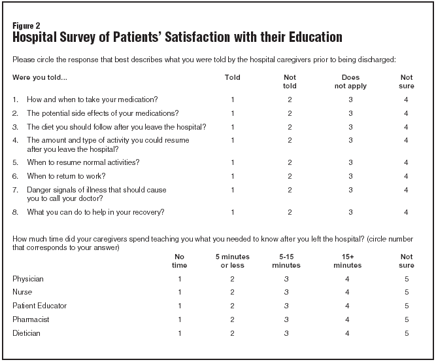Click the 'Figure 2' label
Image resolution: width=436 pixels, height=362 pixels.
tap(26, 26)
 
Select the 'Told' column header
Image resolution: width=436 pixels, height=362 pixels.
tap(233, 77)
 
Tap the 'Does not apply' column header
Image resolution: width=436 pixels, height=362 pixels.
tap(350, 82)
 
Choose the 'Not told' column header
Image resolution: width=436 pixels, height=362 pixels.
tap(290, 82)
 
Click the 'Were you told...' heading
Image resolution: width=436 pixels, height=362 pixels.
tap(40, 77)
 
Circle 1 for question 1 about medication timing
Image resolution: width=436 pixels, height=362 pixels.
tap(233, 100)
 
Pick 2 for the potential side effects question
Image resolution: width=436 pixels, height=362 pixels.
tap(290, 114)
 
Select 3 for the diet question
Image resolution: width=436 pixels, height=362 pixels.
tap(350, 127)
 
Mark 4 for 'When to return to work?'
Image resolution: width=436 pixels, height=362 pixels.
tap(406, 176)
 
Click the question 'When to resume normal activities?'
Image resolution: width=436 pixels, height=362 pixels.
tap(83, 162)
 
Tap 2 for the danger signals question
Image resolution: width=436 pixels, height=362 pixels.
tap(290, 190)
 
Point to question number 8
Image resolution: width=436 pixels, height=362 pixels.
tap(15, 212)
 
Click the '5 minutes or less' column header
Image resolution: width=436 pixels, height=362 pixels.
tap(233, 261)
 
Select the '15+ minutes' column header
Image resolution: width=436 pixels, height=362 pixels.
tap(347, 261)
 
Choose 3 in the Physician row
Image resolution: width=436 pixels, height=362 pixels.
tap(286, 279)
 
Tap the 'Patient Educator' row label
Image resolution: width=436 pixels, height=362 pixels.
tap(39, 306)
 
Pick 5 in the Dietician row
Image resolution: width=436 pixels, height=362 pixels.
tap(407, 333)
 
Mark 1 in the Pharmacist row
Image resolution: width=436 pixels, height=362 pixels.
tap(180, 319)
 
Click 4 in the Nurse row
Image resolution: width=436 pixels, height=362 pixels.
tap(347, 292)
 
